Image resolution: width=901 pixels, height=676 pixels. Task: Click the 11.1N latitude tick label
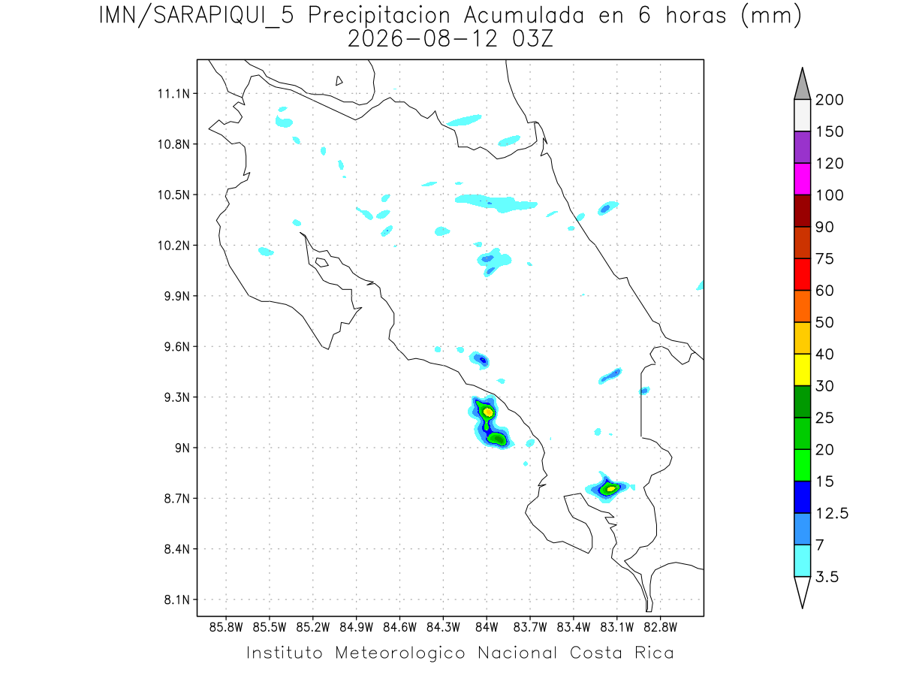click(x=173, y=94)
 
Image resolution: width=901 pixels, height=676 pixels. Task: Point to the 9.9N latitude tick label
click(x=177, y=296)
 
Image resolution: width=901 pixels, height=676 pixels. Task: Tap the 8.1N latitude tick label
click(x=177, y=599)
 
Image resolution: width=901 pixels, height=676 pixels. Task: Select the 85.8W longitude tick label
click(x=226, y=627)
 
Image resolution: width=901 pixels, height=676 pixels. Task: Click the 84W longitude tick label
click(x=487, y=627)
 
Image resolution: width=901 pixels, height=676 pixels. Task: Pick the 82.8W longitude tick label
click(x=660, y=627)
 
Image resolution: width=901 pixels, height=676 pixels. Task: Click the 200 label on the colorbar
click(x=829, y=100)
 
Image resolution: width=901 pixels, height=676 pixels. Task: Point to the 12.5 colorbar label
click(x=832, y=513)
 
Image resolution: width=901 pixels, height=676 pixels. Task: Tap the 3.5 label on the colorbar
click(x=827, y=577)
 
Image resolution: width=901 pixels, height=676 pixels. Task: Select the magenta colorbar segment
click(x=803, y=179)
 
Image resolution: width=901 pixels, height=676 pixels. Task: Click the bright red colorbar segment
click(x=803, y=274)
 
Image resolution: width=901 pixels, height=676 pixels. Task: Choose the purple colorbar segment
click(x=803, y=147)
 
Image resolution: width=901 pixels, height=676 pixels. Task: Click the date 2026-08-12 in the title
click(x=423, y=39)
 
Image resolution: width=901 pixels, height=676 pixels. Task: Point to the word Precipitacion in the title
click(x=379, y=16)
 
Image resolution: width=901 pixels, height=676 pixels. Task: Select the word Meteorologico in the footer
click(x=400, y=653)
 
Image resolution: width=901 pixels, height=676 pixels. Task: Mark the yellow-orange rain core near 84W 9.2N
click(x=488, y=412)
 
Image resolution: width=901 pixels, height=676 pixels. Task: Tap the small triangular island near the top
click(x=339, y=81)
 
